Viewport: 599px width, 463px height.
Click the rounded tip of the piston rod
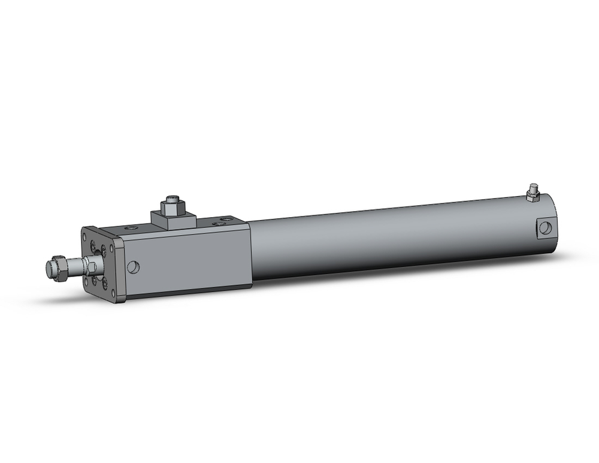(49, 268)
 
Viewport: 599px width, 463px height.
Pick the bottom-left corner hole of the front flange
(86, 281)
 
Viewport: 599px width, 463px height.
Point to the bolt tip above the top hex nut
(174, 197)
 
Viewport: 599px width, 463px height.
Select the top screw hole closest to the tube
(225, 219)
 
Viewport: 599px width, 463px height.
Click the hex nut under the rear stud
(530, 196)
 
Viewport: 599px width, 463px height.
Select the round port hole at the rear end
(544, 227)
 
